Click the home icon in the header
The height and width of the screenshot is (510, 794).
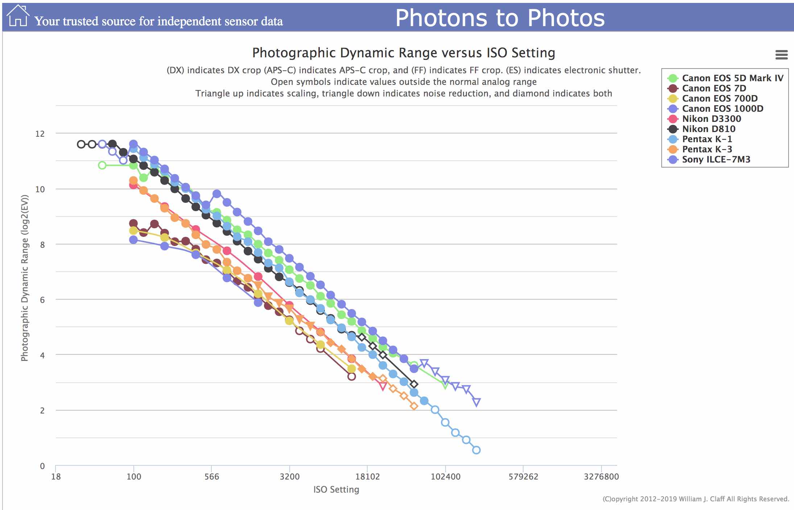tap(17, 16)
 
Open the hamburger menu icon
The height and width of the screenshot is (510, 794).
tap(781, 55)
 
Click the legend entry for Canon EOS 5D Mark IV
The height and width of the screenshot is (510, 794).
tap(732, 78)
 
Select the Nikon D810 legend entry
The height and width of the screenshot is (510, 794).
tap(708, 129)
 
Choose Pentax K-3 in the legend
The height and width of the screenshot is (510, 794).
tap(707, 149)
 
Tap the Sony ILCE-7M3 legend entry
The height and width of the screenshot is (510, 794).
tap(716, 159)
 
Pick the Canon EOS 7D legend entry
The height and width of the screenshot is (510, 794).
tap(714, 88)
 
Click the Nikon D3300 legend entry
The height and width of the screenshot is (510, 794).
tap(711, 119)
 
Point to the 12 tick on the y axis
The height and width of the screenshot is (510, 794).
tap(40, 134)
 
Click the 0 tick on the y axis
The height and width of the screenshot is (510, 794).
tap(42, 466)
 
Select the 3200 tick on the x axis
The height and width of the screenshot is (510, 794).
tap(289, 477)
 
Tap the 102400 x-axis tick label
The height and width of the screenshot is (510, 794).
tap(445, 477)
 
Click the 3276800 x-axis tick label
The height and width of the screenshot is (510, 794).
tap(601, 477)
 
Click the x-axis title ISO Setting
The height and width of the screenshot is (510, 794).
tap(336, 490)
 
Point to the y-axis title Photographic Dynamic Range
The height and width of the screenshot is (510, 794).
tap(24, 278)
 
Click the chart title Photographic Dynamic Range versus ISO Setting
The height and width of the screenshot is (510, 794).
tap(404, 53)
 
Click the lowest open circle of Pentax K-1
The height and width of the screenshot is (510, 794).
tap(476, 450)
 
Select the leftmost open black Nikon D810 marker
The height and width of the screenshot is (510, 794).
tap(81, 144)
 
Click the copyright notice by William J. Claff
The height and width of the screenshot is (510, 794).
tap(695, 499)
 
